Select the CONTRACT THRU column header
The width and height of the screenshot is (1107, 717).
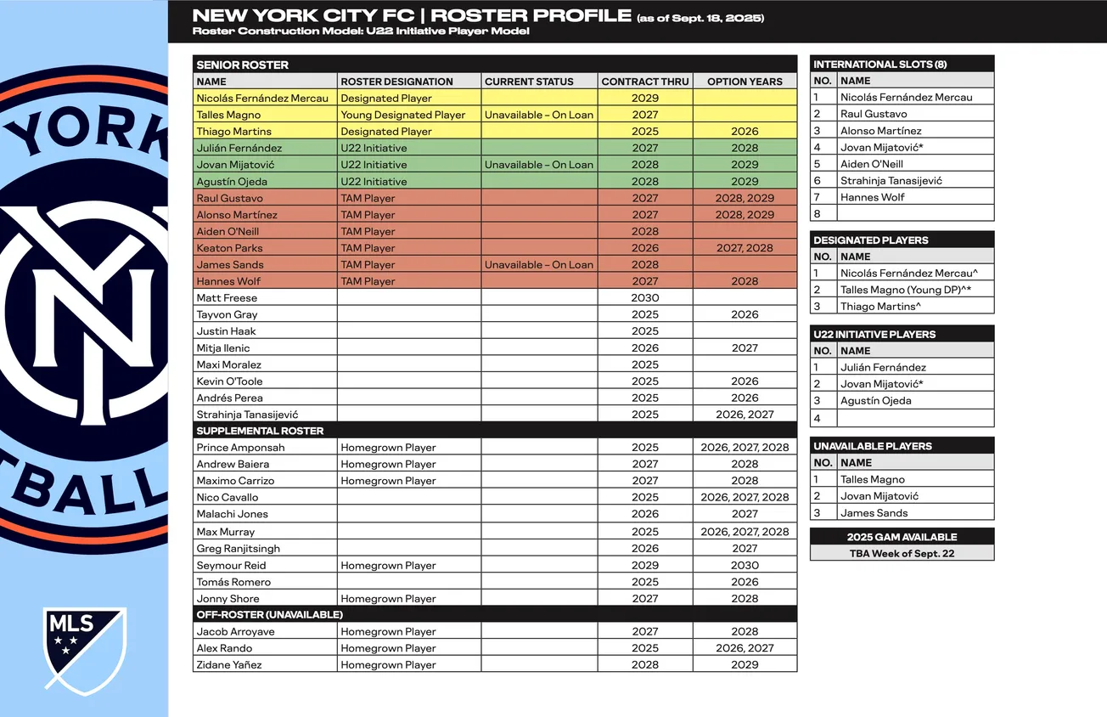coord(645,82)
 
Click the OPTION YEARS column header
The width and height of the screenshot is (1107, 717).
coord(745,82)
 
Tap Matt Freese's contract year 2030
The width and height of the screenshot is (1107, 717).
coord(645,298)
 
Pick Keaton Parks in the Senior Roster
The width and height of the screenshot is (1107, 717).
coord(230,248)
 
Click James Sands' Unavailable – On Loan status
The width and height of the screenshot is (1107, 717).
coord(539,265)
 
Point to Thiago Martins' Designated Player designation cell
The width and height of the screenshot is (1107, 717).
coord(386,132)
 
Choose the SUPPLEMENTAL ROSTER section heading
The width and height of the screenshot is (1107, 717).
coord(260,431)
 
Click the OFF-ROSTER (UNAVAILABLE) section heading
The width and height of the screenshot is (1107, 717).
coord(270,614)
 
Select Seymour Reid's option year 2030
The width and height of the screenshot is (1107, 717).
coord(745,565)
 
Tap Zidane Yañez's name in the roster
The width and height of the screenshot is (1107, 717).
coord(229,665)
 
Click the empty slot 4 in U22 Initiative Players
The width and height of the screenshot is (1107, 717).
coord(914,418)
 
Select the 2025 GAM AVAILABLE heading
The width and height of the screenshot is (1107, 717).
coord(902,537)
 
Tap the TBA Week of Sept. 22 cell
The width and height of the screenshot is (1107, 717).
coord(902,553)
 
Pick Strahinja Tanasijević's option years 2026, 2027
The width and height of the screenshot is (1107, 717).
coord(745,415)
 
